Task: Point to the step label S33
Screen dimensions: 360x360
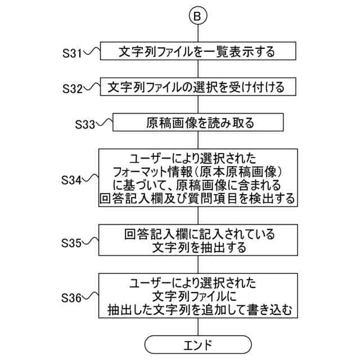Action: click(x=86, y=124)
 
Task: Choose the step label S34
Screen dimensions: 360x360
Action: click(x=72, y=181)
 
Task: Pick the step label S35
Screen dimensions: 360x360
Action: click(x=72, y=243)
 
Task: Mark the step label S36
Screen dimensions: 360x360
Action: click(x=72, y=296)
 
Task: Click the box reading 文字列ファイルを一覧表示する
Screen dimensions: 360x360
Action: click(x=197, y=52)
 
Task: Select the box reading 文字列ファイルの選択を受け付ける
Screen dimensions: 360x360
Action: click(x=197, y=87)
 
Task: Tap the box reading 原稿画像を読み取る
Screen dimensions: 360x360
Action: click(x=197, y=122)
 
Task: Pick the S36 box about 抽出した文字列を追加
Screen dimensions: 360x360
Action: click(x=197, y=296)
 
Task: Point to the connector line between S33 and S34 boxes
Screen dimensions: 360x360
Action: click(x=197, y=139)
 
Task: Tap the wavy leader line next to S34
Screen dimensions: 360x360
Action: click(x=91, y=180)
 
